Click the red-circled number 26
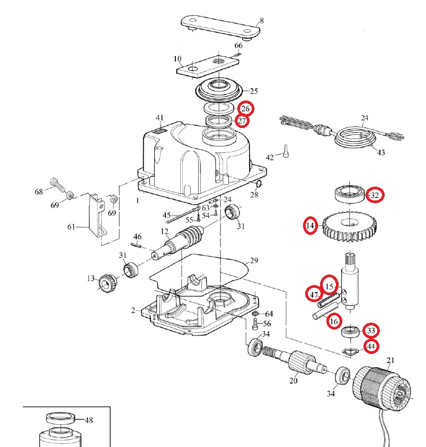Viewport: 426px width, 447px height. point(245,109)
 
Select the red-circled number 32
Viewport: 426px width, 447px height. point(375,195)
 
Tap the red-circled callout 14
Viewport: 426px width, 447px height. point(311,226)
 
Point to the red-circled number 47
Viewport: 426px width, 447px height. point(314,294)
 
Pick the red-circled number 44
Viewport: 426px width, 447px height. point(371,347)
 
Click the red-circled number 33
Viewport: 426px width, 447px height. point(371,332)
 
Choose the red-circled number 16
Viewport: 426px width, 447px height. point(333,321)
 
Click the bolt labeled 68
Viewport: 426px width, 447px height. point(57,185)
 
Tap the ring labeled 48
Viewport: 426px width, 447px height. point(61,418)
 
